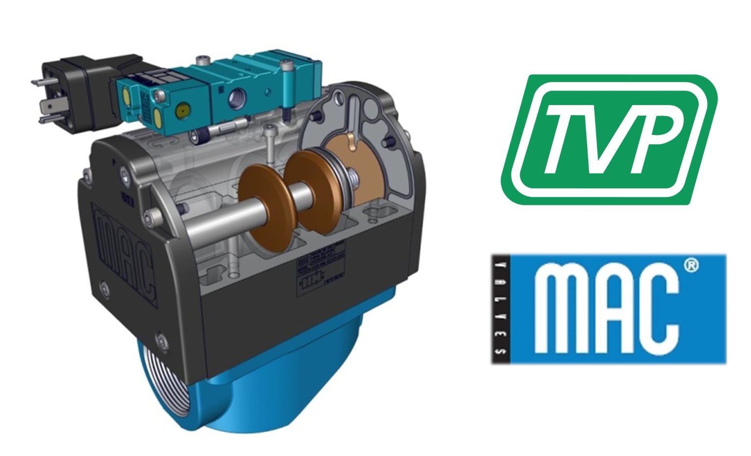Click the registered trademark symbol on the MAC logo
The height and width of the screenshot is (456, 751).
click(x=690, y=265)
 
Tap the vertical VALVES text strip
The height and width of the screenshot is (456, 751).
click(x=500, y=309)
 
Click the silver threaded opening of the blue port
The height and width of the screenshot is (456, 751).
click(x=155, y=386)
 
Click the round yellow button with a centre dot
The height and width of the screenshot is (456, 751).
click(x=183, y=107)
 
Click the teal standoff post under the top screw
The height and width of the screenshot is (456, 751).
click(x=287, y=98)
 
